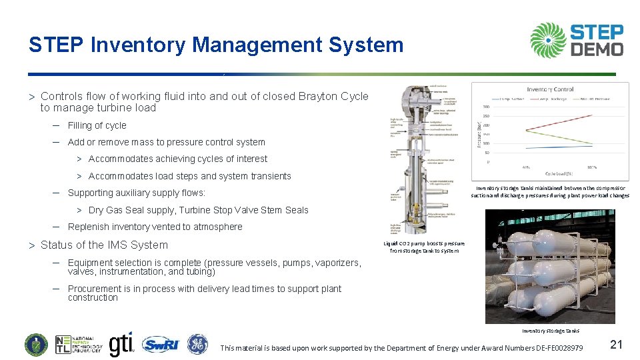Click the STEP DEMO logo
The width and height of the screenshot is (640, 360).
coord(577,40)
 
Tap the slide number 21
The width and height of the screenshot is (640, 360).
coord(616,344)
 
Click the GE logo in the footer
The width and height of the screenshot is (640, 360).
coord(197,344)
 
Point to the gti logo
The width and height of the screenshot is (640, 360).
coord(121,344)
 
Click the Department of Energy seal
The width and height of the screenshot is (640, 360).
coord(37,344)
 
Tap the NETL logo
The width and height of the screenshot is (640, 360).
coord(79,344)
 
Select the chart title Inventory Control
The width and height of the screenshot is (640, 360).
coord(549,89)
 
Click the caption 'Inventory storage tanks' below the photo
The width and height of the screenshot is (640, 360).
coord(550,331)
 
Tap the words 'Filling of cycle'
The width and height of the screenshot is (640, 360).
coord(97,125)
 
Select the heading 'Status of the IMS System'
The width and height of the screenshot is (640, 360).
coord(104,245)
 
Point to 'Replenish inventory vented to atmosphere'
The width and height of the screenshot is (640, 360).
coord(155,227)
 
